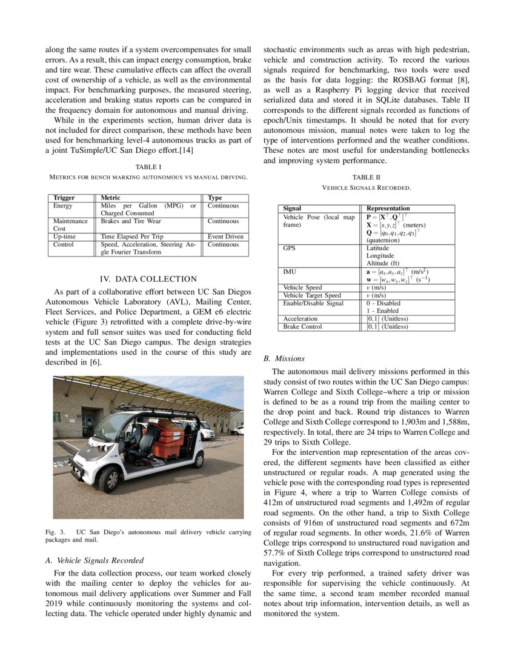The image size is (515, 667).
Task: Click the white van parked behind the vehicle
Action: click(206, 429)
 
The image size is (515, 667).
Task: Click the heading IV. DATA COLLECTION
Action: click(148, 279)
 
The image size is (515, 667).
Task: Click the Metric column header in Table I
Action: click(110, 198)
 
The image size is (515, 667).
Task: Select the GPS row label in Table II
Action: click(290, 248)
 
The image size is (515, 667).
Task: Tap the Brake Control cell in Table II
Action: click(302, 327)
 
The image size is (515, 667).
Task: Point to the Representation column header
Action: click(388, 208)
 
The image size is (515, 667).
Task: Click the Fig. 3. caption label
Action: click(55, 532)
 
